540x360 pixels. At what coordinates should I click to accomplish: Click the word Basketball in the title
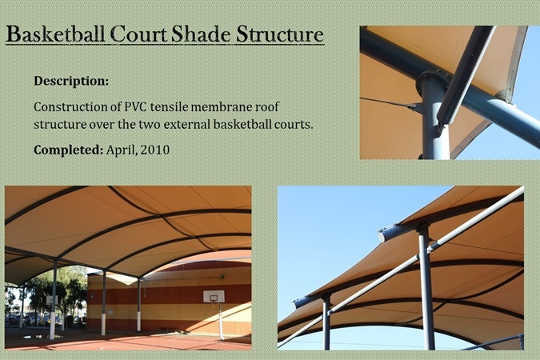click(55, 34)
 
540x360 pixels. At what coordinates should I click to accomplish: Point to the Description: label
click(71, 82)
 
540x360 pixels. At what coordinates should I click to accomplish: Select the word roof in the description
click(267, 106)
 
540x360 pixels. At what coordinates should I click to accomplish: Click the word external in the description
click(188, 124)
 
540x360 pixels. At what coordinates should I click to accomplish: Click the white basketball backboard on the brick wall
click(214, 296)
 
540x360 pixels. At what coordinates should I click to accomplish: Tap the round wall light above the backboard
click(222, 276)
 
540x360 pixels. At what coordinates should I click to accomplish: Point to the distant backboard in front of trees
click(52, 301)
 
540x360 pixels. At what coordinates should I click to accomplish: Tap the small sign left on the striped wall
click(93, 295)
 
